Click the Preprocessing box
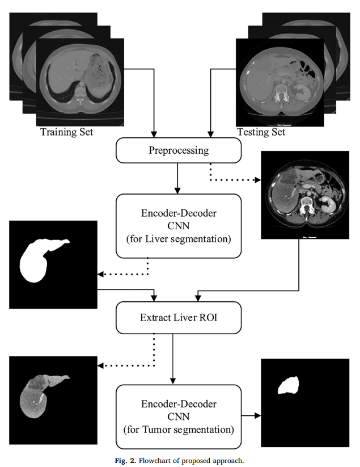click(x=179, y=151)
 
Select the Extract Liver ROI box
click(x=179, y=317)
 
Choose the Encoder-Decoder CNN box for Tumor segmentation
click(x=179, y=416)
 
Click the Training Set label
click(x=66, y=132)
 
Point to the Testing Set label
click(x=260, y=132)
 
